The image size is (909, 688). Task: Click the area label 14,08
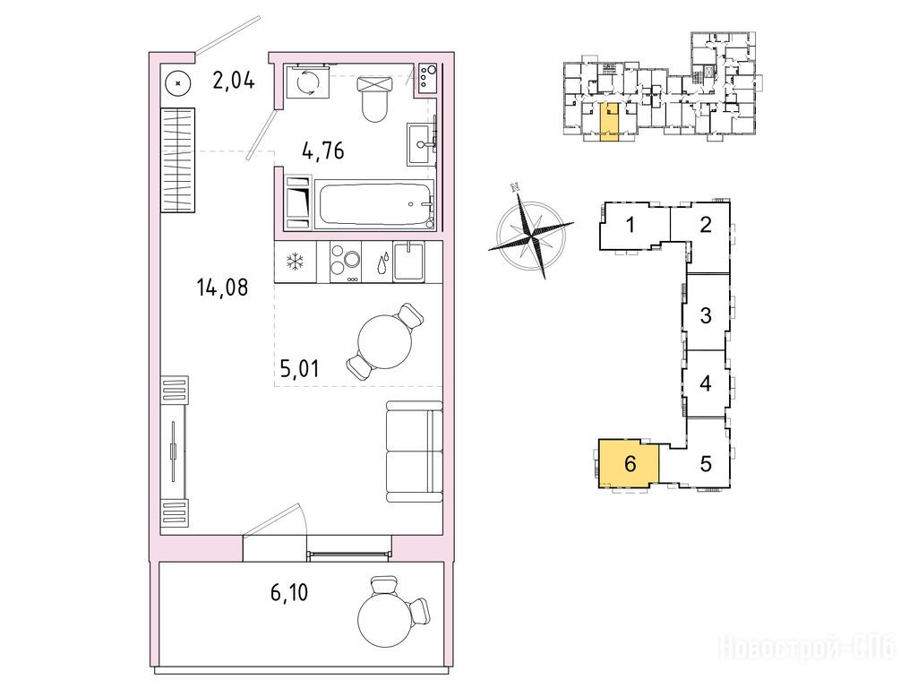click(223, 288)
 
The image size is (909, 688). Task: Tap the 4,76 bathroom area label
click(323, 150)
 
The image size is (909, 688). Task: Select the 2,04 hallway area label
click(234, 80)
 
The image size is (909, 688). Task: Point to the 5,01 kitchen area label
click(299, 368)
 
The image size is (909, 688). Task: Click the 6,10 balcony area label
click(289, 593)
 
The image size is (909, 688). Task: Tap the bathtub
click(374, 205)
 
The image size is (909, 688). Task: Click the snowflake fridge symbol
click(295, 262)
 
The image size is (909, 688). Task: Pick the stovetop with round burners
click(346, 262)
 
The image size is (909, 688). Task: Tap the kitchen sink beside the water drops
click(408, 262)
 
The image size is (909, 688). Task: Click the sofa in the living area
click(414, 451)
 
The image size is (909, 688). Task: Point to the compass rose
click(531, 235)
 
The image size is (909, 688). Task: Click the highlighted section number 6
click(630, 463)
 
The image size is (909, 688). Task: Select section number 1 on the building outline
click(630, 225)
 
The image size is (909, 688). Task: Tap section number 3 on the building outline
click(706, 315)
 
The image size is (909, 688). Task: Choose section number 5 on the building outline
click(706, 463)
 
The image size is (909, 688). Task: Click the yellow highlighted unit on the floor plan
click(609, 123)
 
